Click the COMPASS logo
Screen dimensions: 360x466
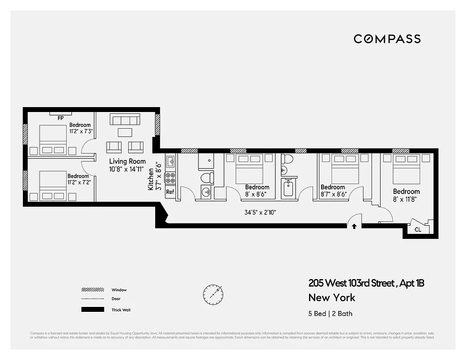point(387,39)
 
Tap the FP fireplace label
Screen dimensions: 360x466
point(60,118)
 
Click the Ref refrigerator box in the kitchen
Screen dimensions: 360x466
point(170,192)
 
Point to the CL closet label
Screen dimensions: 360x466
point(418,229)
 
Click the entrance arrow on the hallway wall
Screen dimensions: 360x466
point(354,226)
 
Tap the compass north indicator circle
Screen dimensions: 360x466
point(212,293)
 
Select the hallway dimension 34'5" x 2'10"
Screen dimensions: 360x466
point(260,211)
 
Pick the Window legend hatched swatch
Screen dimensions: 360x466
point(92,290)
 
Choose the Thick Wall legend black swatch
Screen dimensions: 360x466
point(92,310)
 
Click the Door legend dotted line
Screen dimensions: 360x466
point(92,299)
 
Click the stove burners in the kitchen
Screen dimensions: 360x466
point(170,178)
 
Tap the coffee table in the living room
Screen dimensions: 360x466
point(125,132)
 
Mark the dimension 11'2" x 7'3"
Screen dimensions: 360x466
point(81,131)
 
